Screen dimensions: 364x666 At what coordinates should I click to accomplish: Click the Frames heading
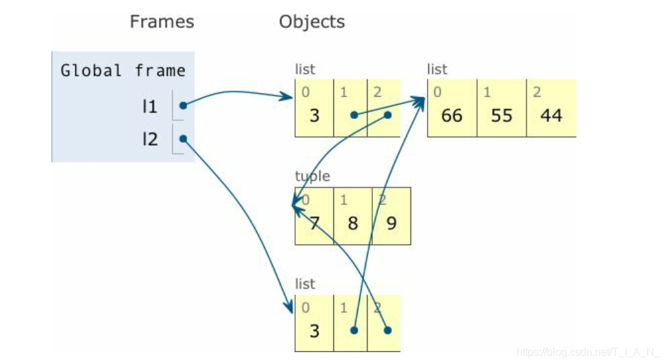tap(161, 22)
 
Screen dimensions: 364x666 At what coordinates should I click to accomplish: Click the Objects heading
tap(312, 22)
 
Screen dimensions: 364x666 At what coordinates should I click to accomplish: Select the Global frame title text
tap(123, 71)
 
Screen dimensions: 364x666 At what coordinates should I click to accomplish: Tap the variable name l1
tap(150, 106)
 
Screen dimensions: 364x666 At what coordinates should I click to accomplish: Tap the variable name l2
tap(150, 139)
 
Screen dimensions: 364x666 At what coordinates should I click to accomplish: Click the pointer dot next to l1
tap(182, 106)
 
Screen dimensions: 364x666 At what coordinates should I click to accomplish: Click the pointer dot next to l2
tap(182, 139)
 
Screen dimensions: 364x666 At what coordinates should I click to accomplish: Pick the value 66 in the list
tap(452, 115)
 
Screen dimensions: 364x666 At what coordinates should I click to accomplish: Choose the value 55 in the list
tap(501, 115)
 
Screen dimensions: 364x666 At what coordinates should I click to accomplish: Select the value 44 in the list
tap(551, 115)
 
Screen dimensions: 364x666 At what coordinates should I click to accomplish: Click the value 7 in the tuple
tap(314, 223)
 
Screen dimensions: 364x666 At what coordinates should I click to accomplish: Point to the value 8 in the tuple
tap(352, 223)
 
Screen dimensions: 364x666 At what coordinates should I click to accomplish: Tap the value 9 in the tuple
tap(391, 223)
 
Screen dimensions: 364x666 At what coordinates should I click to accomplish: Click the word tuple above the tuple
tap(312, 177)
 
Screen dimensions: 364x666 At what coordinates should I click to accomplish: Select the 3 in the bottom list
tap(314, 330)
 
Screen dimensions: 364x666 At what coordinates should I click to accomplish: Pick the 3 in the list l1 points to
tap(314, 115)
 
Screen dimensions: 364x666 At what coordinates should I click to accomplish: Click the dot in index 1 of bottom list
tap(354, 330)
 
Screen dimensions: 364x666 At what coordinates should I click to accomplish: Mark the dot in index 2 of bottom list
tap(387, 330)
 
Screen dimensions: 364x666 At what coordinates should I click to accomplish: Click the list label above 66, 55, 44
tap(437, 69)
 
